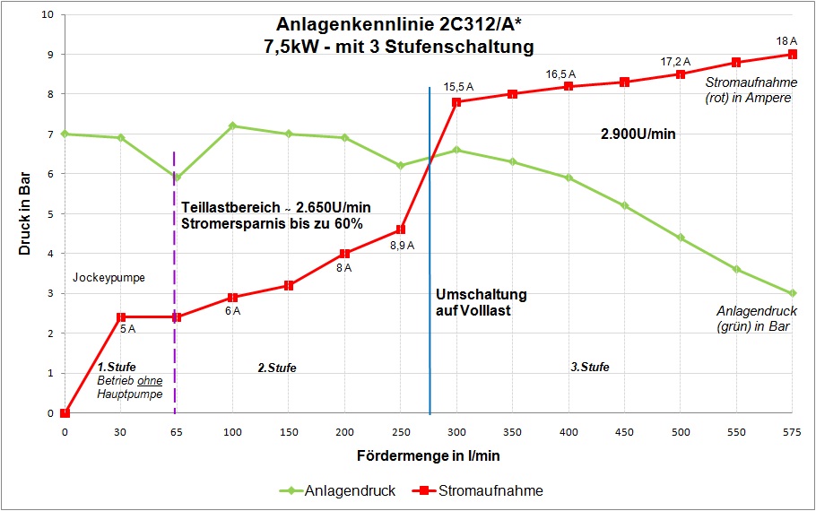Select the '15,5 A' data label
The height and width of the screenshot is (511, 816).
tap(458, 87)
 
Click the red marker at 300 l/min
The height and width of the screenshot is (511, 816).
tap(456, 102)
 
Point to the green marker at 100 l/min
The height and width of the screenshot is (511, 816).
tap(232, 126)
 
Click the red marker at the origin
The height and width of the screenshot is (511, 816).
tap(65, 413)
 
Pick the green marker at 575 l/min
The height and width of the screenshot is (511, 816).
tap(793, 293)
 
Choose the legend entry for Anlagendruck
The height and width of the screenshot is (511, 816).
tap(328, 490)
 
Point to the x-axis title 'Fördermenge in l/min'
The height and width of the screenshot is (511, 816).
tap(427, 455)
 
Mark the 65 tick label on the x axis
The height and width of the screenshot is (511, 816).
tap(176, 431)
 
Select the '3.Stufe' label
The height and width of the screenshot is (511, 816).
tap(589, 368)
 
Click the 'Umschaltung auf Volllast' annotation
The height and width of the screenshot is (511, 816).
tap(481, 303)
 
